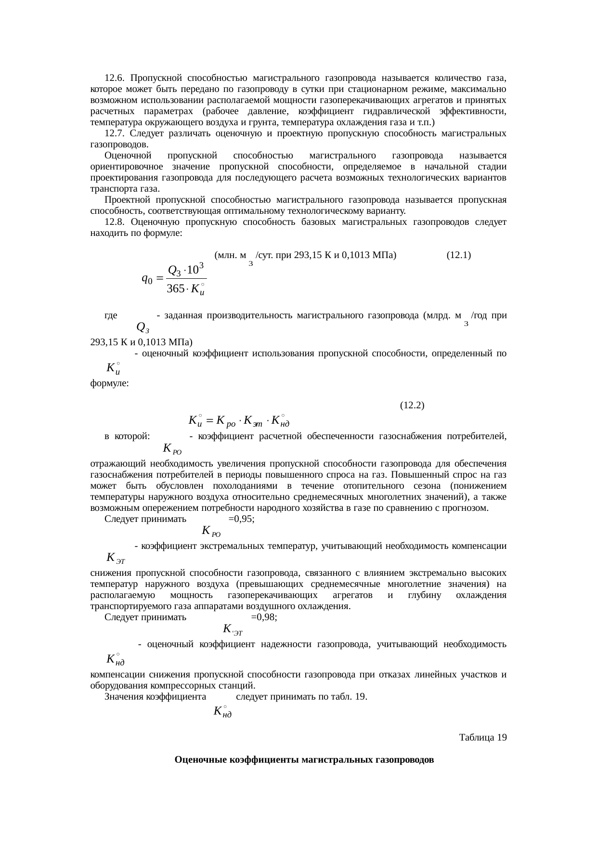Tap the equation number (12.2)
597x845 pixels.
[412, 405]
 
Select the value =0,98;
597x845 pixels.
[264, 617]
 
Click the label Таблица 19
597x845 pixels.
[482, 737]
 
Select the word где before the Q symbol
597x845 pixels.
[111, 315]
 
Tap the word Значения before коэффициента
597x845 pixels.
[124, 697]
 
